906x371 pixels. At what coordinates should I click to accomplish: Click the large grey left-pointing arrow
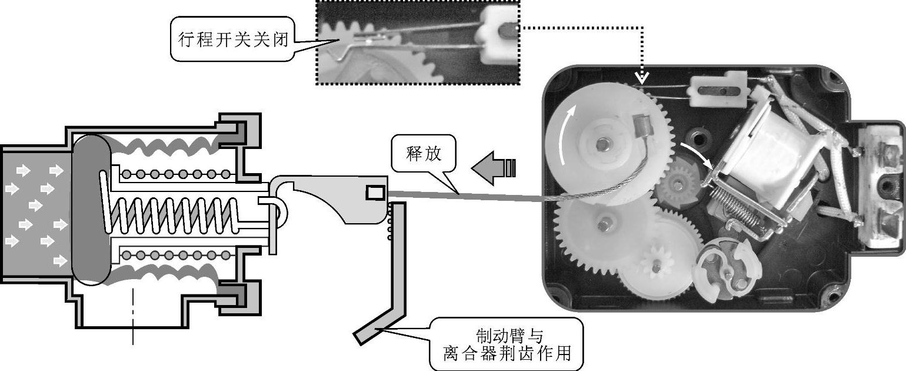492,168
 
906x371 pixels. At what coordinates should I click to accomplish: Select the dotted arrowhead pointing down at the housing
642,77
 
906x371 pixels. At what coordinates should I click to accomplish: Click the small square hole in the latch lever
374,192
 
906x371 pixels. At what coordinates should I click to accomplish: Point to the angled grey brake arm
388,283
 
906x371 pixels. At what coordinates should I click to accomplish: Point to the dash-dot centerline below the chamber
134,315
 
